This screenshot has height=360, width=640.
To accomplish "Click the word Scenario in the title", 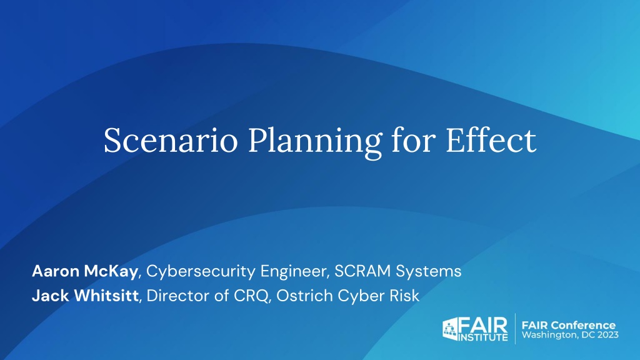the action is tap(171, 140).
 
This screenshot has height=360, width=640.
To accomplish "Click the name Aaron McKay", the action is tap(85, 271).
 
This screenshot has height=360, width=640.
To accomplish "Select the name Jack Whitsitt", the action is tap(85, 296).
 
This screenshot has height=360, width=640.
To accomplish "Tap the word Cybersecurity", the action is tap(201, 272).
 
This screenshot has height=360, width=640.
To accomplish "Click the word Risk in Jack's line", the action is tap(404, 296).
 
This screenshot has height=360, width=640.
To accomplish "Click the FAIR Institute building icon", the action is tap(450, 329).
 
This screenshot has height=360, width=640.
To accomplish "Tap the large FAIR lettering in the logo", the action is tap(483, 324).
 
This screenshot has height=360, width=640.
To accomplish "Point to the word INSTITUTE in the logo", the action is tap(483, 337).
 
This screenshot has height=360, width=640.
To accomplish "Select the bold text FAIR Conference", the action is tap(569, 325).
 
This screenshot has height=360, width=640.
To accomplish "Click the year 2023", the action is tap(608, 335).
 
